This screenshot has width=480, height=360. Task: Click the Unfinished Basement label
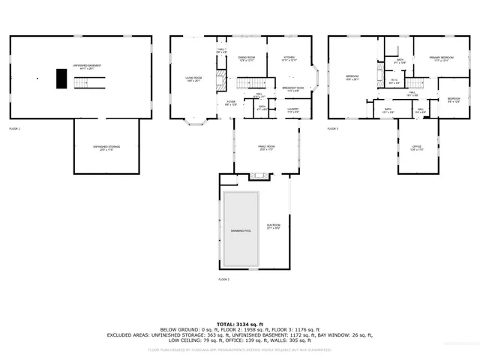[x=88, y=66]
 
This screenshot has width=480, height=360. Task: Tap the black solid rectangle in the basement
[x=60, y=79]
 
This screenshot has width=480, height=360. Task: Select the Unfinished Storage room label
[x=106, y=147]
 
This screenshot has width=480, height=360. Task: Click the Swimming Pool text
[x=241, y=230]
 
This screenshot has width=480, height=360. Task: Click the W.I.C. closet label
[x=394, y=82]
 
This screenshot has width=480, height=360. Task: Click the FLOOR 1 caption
[x=15, y=129]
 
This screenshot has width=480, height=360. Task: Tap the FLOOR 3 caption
[x=333, y=129]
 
